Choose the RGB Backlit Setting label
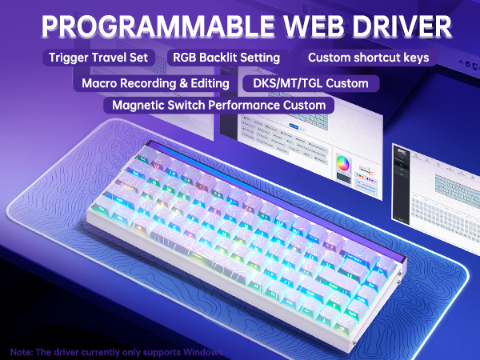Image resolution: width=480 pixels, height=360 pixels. [226, 58]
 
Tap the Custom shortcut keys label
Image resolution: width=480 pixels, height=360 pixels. [368, 58]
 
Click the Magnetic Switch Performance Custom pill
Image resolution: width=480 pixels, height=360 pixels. [218, 106]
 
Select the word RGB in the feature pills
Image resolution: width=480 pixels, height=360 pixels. [185, 58]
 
